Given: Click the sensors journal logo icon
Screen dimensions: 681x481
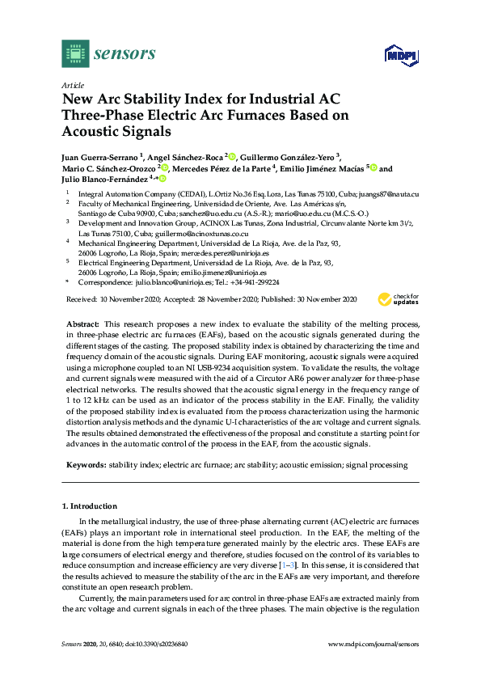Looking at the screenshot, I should coord(74,54).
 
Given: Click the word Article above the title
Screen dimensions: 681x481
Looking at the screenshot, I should coord(73,84).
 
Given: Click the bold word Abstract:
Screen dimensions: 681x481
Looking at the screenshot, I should coord(85,323).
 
